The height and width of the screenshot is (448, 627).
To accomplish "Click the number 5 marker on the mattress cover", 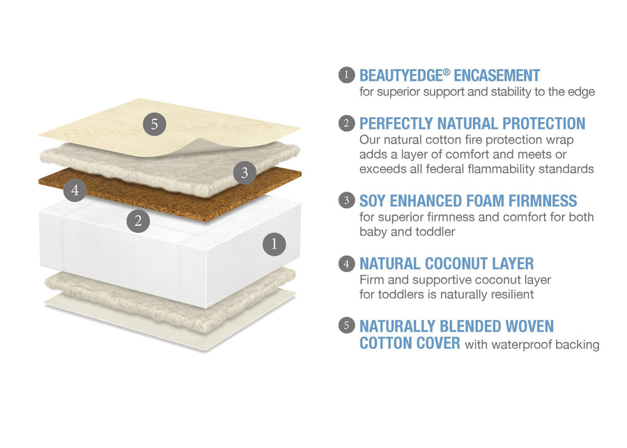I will tap(155, 125).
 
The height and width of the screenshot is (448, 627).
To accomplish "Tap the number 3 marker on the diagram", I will tap(244, 173).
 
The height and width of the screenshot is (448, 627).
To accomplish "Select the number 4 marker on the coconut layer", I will tap(75, 189).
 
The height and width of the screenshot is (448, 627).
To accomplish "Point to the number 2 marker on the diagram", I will tap(139, 221).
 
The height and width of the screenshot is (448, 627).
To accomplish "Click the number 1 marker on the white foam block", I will tap(274, 244).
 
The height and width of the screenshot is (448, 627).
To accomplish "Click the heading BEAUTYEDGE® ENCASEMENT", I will tap(449, 75).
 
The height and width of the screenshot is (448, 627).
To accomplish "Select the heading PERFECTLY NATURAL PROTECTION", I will tap(472, 124).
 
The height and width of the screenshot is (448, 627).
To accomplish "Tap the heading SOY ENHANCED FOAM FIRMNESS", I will tap(467, 201).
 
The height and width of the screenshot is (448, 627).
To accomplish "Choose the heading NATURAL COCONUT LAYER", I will tap(446, 264).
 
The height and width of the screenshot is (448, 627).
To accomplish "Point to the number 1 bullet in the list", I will tap(346, 75).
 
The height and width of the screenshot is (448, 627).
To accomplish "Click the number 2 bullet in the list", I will tap(346, 124).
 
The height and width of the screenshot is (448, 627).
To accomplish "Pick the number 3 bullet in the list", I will tap(346, 201).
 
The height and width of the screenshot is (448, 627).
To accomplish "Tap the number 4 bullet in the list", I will tap(346, 264).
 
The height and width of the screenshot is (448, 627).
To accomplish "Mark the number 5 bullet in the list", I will tap(346, 325).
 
